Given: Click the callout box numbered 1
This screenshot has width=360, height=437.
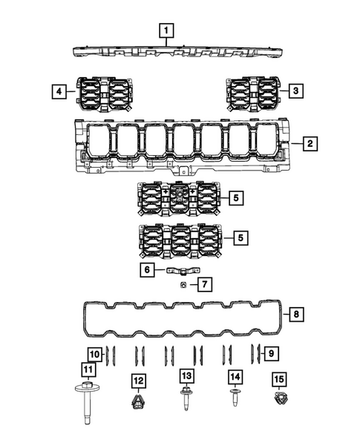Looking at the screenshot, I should pos(167,31).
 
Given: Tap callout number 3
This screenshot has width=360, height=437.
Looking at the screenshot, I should pos(295,91).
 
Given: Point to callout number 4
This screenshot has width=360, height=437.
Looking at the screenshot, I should pos(57,91).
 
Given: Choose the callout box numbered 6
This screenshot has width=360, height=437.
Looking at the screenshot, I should pos(147,270).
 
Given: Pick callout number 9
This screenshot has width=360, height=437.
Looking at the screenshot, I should pos(272,352).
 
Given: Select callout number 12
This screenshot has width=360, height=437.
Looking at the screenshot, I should pos(139,381).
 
